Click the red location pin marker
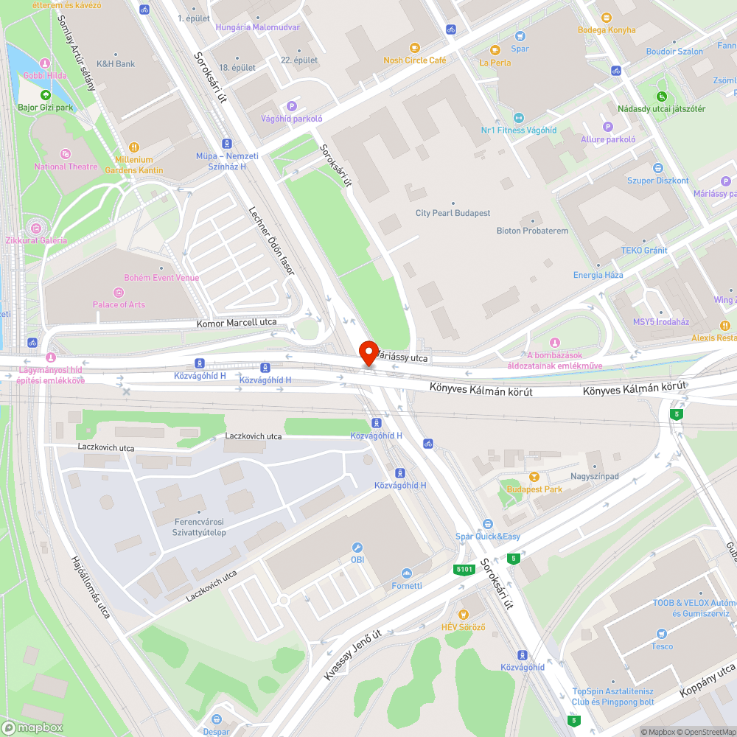[368, 352]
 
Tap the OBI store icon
[357, 548]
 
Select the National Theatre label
[66, 167]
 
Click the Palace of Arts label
[119, 304]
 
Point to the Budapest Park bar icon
[534, 477]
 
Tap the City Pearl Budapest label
[453, 213]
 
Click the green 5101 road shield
[464, 570]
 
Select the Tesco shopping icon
[662, 634]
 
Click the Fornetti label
[406, 585]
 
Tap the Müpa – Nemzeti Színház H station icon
[227, 144]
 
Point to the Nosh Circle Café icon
[415, 48]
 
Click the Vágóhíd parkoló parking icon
[292, 106]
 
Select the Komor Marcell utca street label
[237, 323]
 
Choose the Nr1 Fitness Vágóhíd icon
[518, 118]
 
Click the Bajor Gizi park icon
[46, 95]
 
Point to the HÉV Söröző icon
[463, 614]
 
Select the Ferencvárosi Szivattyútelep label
[199, 527]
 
